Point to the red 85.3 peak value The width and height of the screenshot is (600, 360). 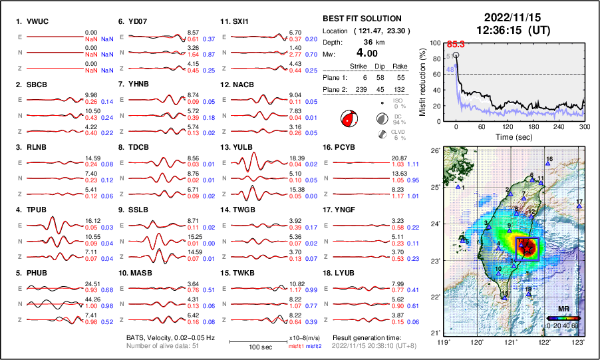pyautogui.click(x=456, y=44)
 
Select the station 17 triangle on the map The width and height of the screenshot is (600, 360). pyautogui.click(x=579, y=207)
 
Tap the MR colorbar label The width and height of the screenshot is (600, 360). pyautogui.click(x=563, y=309)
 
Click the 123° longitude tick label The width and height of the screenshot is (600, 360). pyautogui.click(x=579, y=342)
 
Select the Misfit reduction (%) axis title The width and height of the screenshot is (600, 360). pyautogui.click(x=423, y=80)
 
